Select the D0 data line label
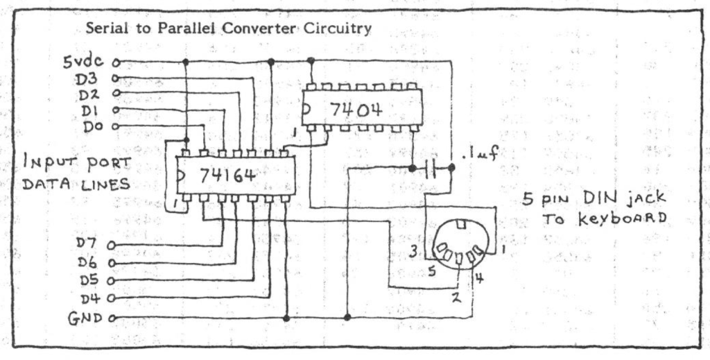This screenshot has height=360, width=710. (92, 126)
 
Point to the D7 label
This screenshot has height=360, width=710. (91, 245)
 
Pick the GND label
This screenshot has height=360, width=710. (87, 319)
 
